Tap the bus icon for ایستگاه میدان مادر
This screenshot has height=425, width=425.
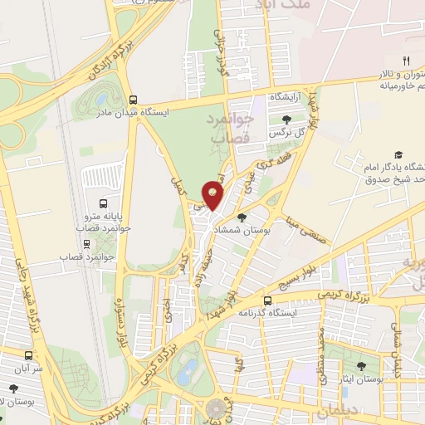(133, 98)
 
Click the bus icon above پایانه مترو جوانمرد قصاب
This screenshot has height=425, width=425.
(103, 203)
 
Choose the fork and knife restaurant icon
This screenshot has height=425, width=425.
(406, 60)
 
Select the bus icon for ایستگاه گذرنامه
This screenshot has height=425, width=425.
(267, 300)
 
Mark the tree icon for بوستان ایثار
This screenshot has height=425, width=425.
(361, 366)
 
